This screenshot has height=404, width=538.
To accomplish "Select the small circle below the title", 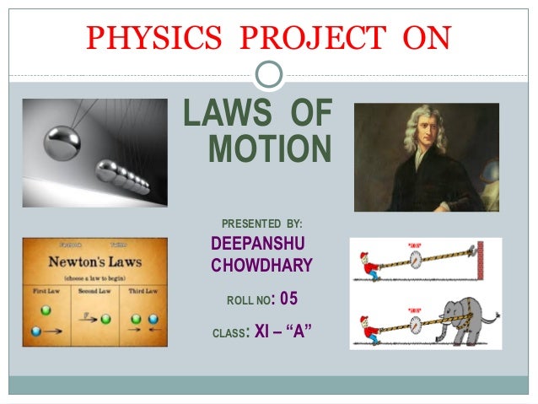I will point(269,74).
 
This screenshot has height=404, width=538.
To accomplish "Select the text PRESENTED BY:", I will point(261,224).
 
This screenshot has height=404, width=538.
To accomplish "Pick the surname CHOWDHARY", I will point(261,267).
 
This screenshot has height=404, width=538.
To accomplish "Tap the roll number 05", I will point(288,299).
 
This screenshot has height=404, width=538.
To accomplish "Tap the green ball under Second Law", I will point(105,320).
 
